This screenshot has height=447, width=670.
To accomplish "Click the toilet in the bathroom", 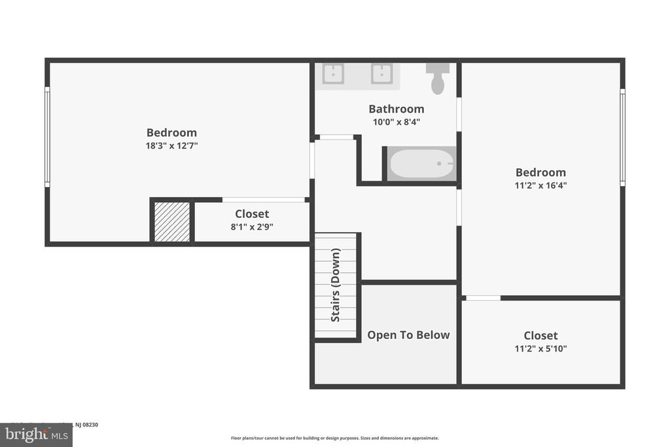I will click(438, 79).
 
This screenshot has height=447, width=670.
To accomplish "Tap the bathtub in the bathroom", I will click(421, 164).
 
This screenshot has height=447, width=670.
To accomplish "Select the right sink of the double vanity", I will click(381, 74).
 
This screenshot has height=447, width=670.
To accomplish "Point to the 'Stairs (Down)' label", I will click(336, 285).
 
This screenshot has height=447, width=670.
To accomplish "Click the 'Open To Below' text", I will click(408, 335).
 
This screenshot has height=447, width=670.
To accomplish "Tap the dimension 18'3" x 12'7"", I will click(171, 145).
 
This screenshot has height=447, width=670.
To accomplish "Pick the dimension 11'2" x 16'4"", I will click(540, 185).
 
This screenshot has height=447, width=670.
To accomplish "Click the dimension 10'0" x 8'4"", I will click(396, 122).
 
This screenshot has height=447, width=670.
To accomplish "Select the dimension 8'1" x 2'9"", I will click(252, 226).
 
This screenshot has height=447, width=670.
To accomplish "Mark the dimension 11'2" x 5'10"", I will click(540, 349).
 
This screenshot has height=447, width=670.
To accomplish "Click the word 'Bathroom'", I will click(396, 109).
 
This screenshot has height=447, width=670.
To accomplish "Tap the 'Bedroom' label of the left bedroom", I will click(171, 132).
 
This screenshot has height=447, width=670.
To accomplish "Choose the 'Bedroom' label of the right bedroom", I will click(540, 172).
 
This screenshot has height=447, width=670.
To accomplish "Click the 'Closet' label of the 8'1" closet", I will click(252, 214).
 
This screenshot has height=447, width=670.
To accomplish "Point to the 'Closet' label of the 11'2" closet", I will click(540, 336).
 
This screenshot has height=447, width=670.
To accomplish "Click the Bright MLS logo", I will click(36, 435).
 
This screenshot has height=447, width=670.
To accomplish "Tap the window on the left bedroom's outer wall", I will click(47, 137).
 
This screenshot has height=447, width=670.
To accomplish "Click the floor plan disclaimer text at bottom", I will click(334, 438).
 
